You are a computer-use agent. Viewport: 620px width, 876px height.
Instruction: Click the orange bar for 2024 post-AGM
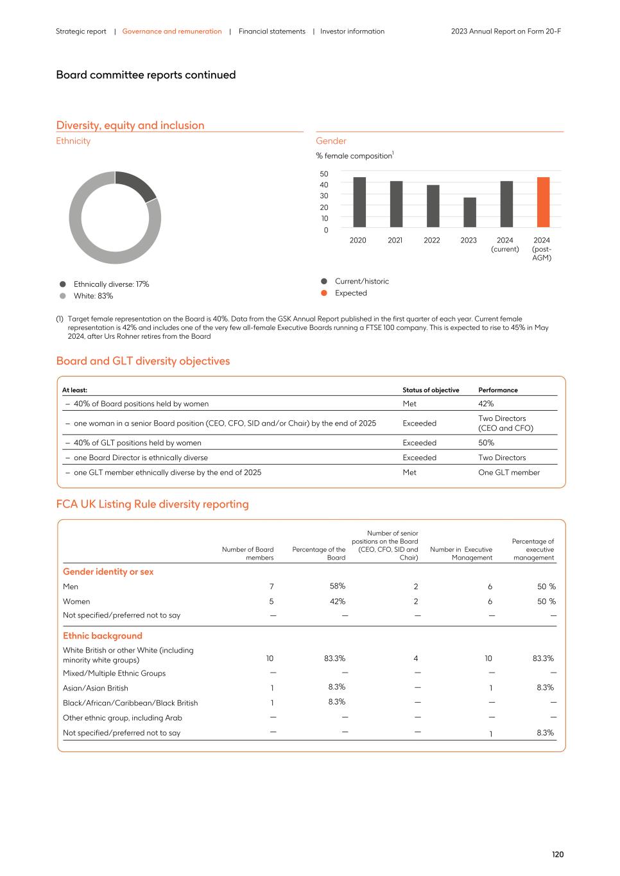click(x=543, y=202)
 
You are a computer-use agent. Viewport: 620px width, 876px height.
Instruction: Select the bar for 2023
click(x=470, y=212)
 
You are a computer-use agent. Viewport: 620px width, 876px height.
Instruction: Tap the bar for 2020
click(x=359, y=202)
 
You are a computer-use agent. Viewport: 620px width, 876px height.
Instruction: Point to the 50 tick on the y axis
click(x=323, y=174)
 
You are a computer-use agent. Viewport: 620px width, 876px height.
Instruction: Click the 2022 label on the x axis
click(x=432, y=241)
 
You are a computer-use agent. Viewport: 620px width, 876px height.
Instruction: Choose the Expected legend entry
click(x=350, y=293)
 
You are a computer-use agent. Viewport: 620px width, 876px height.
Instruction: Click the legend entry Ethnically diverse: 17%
click(x=111, y=284)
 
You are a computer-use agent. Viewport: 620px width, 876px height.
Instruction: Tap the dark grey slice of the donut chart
click(x=137, y=184)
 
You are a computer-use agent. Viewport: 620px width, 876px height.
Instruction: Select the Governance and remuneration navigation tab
click(x=172, y=31)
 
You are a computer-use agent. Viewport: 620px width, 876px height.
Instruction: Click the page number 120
click(x=557, y=854)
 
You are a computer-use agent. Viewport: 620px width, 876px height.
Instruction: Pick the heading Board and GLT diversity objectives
click(x=143, y=361)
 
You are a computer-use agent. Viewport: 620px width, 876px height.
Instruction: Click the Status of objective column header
click(x=431, y=390)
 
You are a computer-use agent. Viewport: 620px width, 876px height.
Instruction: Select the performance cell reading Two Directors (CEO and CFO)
click(x=505, y=424)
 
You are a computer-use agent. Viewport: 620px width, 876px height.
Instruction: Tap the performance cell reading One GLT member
click(x=508, y=472)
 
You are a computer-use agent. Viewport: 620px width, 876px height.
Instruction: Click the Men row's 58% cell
click(x=337, y=586)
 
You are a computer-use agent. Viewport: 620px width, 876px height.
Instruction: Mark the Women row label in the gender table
click(x=76, y=601)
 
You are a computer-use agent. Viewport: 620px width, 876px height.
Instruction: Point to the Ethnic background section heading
click(x=103, y=636)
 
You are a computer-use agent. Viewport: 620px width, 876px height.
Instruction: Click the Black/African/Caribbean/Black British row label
click(x=130, y=703)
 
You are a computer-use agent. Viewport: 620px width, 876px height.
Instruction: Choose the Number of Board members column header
click(x=248, y=553)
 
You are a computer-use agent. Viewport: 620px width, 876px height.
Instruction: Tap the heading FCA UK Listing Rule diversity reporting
click(x=152, y=504)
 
